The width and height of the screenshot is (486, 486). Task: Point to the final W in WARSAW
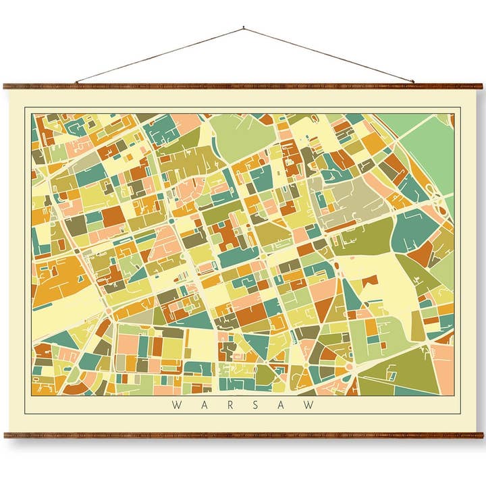click(311, 405)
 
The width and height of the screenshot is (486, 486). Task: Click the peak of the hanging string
click(243, 28)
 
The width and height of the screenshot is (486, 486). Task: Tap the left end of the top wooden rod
click(5, 86)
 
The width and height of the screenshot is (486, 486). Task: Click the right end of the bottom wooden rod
click(481, 435)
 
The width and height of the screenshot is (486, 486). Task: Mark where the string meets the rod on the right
click(413, 83)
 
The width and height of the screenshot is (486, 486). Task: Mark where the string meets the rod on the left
click(76, 83)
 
